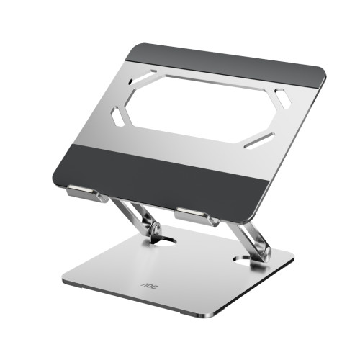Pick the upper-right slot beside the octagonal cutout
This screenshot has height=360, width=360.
tap(283, 99)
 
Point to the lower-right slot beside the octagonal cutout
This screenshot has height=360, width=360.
tap(258, 140)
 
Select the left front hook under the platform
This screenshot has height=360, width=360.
tap(86, 194)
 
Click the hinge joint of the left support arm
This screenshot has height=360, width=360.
tap(153, 230)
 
